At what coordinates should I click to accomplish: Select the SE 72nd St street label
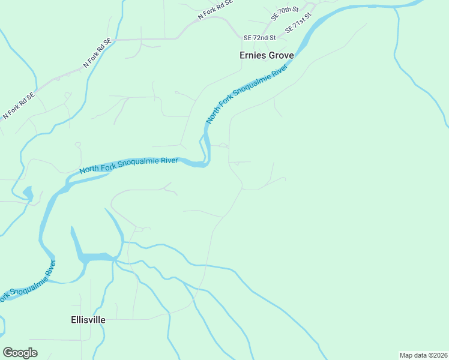(x=259, y=38)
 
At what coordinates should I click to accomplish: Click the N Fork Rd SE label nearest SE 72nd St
(x=214, y=10)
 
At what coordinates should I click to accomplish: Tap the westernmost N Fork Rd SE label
(x=20, y=104)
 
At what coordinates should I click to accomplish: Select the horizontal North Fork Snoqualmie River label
(x=129, y=165)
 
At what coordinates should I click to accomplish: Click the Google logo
(x=20, y=353)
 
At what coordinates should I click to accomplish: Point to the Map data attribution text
(x=423, y=355)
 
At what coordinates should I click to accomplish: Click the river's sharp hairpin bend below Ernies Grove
(x=206, y=157)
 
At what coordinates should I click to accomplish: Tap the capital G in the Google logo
(x=8, y=353)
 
